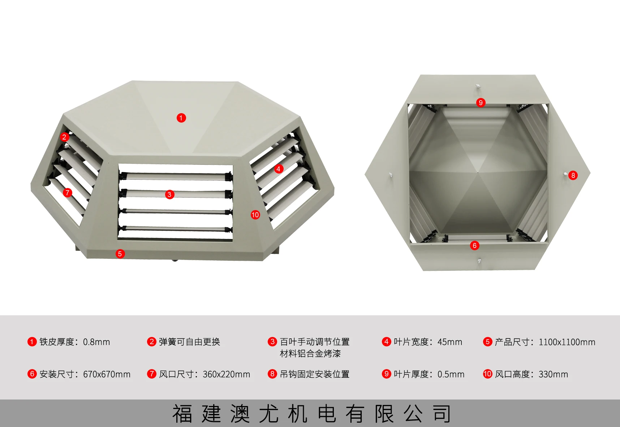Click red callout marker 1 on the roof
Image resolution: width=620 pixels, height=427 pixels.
click(x=181, y=118)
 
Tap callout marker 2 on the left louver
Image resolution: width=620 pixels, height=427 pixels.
click(x=64, y=137)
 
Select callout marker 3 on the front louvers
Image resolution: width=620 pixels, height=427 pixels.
click(x=169, y=195)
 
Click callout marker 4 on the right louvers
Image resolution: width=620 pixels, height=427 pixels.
click(x=278, y=169)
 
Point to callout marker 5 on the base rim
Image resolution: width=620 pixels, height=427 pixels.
click(x=120, y=254)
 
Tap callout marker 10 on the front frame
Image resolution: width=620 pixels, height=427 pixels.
click(x=255, y=215)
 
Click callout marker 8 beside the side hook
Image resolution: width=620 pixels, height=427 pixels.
click(x=573, y=175)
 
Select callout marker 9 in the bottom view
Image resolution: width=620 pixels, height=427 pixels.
click(x=481, y=103)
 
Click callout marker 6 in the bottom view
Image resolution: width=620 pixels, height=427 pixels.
click(x=475, y=245)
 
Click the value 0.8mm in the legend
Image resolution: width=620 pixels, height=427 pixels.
click(x=96, y=342)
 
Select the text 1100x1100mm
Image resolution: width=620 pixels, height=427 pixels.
click(x=567, y=342)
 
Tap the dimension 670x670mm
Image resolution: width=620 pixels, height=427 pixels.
click(x=107, y=374)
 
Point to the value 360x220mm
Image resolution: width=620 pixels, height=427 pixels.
click(x=226, y=374)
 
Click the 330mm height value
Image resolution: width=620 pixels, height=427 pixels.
click(x=553, y=374)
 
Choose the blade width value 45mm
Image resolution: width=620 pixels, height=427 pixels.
click(x=449, y=342)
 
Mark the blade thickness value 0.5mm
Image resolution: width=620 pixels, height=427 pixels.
click(x=451, y=374)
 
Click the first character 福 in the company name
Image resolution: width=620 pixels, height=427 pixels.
click(x=182, y=414)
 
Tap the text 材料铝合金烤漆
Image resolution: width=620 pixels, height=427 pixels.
click(x=310, y=354)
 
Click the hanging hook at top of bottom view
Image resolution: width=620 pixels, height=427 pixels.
click(x=478, y=86)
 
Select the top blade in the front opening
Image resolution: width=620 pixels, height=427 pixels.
click(x=175, y=176)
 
